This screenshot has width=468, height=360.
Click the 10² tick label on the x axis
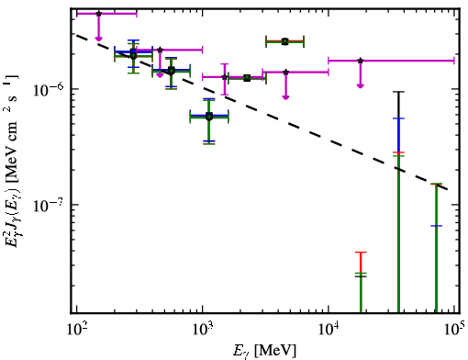click(76, 329)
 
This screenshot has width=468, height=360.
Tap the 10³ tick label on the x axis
click(203, 329)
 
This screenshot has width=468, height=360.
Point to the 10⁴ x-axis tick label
click(329, 329)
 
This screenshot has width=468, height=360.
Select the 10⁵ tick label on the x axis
click(453, 329)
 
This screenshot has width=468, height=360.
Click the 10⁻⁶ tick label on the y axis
click(48, 89)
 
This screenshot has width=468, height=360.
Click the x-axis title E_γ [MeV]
click(264, 351)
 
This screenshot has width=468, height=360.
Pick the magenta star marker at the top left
click(98, 14)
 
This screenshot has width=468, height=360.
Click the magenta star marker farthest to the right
click(361, 61)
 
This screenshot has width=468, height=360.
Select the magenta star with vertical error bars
click(225, 77)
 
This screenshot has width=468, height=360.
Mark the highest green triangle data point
click(285, 41)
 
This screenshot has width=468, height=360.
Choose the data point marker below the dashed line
click(209, 117)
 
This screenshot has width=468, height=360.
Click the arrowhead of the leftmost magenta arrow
click(98, 39)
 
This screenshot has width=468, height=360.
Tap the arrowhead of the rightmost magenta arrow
click(361, 85)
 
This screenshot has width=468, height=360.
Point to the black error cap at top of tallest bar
click(398, 92)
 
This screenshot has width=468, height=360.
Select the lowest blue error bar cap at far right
click(436, 226)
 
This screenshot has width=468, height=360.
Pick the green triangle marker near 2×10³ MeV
click(247, 78)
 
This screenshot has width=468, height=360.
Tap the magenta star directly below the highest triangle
click(285, 73)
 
